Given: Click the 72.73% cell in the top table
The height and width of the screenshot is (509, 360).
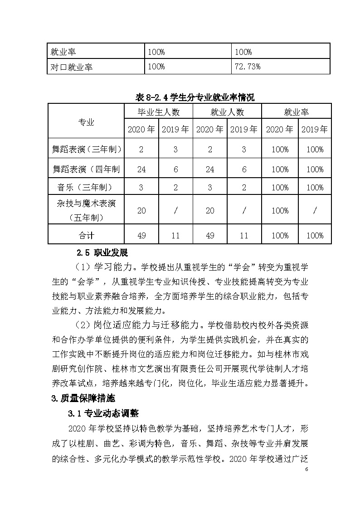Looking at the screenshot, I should click(x=247, y=67).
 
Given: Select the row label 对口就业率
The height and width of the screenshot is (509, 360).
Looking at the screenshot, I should click(x=71, y=67).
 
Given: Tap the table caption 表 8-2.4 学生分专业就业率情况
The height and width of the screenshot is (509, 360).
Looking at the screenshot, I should click(x=195, y=97).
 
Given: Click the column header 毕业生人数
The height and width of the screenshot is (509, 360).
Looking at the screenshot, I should click(x=159, y=112).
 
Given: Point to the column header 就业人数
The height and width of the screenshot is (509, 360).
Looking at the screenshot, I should click(x=227, y=112).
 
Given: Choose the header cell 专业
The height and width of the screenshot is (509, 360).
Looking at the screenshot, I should click(x=86, y=121).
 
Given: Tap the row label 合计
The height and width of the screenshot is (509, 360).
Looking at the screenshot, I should click(x=86, y=235).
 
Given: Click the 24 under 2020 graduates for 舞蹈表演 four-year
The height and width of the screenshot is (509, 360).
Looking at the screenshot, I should click(x=141, y=169).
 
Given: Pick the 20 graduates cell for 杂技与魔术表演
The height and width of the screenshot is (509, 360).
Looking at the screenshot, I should click(x=141, y=211).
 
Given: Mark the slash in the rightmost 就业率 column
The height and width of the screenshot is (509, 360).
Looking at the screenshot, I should click(x=315, y=211).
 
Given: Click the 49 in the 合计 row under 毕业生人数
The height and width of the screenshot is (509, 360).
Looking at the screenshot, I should click(x=141, y=235).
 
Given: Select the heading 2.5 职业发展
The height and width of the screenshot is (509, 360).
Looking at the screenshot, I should click(x=102, y=252).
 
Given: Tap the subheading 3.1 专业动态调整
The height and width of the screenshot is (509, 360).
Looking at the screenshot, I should click(x=103, y=413).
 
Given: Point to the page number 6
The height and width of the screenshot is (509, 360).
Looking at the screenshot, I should click(x=306, y=469).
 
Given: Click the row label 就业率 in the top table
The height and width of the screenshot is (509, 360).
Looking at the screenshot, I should click(x=63, y=52).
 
